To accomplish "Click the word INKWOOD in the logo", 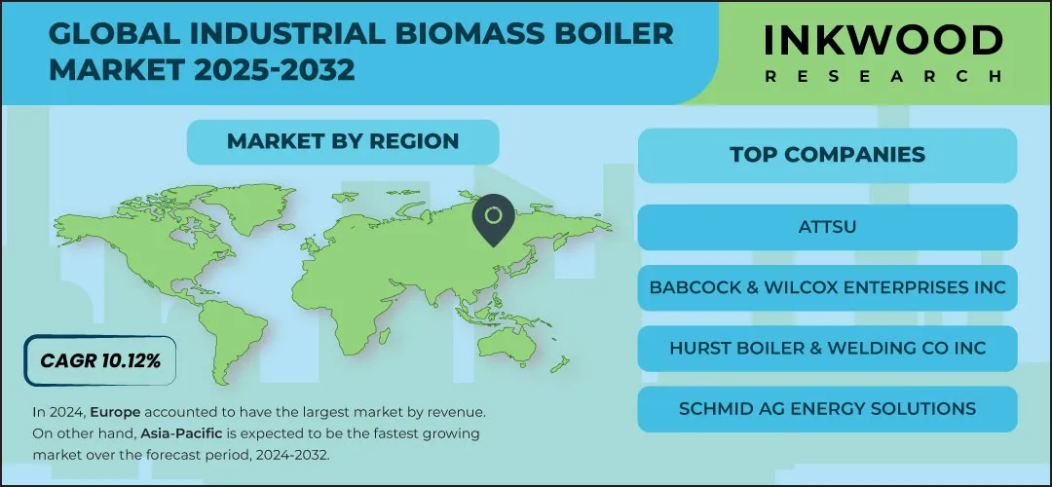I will [x=883, y=42].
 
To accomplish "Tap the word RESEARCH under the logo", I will [x=883, y=76].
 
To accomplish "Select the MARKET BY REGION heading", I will [x=343, y=141].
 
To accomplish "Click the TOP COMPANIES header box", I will [x=827, y=155].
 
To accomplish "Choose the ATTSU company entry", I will [x=827, y=227].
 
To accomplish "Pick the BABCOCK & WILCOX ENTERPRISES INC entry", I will [x=827, y=287].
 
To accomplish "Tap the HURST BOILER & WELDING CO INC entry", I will [x=827, y=348].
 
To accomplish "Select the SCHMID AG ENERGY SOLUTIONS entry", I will [x=827, y=408].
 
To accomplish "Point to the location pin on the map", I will [x=493, y=219].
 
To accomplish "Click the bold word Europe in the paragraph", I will [x=115, y=412].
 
